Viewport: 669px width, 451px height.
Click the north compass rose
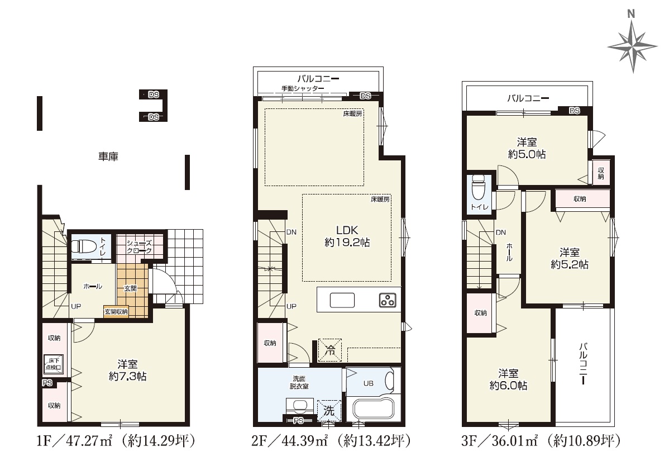pyautogui.click(x=632, y=46)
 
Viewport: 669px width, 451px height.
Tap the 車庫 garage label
pyautogui.click(x=108, y=156)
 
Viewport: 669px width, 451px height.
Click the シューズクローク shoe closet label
pyautogui.click(x=139, y=247)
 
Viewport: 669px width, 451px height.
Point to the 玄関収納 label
pyautogui.click(x=116, y=312)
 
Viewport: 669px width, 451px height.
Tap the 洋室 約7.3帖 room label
pyautogui.click(x=127, y=371)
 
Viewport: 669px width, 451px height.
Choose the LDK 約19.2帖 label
pyautogui.click(x=347, y=236)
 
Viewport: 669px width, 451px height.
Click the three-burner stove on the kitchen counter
pyautogui.click(x=388, y=300)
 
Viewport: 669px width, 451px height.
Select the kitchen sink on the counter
pyautogui.click(x=342, y=300)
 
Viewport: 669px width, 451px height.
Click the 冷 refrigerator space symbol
pyautogui.click(x=330, y=350)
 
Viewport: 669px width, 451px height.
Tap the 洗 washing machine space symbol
pyautogui.click(x=329, y=411)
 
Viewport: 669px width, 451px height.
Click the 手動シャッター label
pyautogui.click(x=303, y=88)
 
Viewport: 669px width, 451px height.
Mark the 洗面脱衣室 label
pyautogui.click(x=299, y=382)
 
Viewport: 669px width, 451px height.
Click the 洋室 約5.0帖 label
pyautogui.click(x=527, y=148)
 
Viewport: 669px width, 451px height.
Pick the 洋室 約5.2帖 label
pyautogui.click(x=569, y=259)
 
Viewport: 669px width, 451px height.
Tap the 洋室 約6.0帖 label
pyautogui.click(x=508, y=379)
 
